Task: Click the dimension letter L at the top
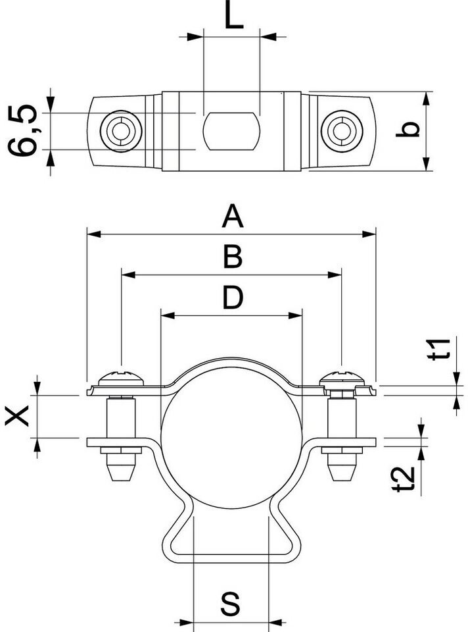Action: pyautogui.click(x=233, y=17)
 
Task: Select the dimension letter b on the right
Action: pyautogui.click(x=408, y=130)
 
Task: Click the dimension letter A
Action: pyautogui.click(x=231, y=216)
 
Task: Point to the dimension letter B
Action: pyautogui.click(x=231, y=257)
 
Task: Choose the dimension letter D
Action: pyautogui.click(x=231, y=298)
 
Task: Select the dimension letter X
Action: pyautogui.click(x=18, y=415)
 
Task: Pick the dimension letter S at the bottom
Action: pyautogui.click(x=230, y=604)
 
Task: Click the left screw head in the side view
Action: pyautogui.click(x=120, y=379)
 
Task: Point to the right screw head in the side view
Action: pyautogui.click(x=342, y=379)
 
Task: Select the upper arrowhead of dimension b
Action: pyautogui.click(x=427, y=97)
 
